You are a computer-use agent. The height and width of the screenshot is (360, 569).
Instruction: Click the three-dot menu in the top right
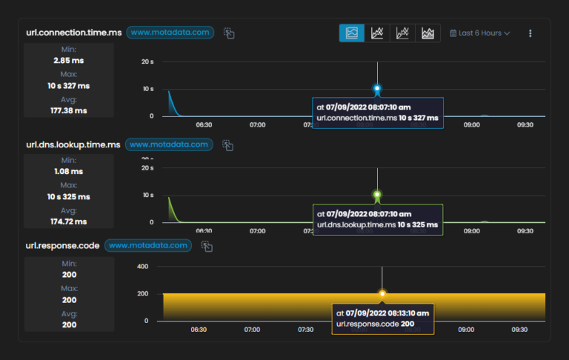pos(530,33)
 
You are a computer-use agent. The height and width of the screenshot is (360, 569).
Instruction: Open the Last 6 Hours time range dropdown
pos(480,33)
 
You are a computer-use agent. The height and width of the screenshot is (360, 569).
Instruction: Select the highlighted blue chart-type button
pos(352,33)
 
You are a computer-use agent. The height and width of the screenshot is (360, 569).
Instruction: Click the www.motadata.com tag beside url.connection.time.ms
pos(170,33)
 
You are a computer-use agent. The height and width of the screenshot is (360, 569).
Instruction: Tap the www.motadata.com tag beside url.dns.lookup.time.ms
pos(169,144)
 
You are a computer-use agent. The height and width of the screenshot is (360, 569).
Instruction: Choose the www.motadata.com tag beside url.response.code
pos(149,245)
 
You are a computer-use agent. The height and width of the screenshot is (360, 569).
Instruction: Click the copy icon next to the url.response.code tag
pos(207,246)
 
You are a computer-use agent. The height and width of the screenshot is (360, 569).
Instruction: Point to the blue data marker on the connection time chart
pos(377,89)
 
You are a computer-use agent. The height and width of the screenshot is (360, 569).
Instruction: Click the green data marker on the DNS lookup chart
pos(377,195)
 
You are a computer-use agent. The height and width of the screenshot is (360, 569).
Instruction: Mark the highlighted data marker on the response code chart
pos(382,293)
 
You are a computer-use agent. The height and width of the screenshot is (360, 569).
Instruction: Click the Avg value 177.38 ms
pos(70,110)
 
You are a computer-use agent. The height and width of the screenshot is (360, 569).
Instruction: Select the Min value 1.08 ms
pos(70,170)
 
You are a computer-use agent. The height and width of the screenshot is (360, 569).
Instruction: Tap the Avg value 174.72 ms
pos(70,221)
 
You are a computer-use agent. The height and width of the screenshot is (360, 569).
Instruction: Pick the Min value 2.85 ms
pos(70,60)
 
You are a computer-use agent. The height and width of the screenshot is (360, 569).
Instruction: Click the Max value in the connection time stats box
pos(70,85)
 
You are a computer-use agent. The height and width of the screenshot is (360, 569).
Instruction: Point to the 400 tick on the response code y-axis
pos(142,266)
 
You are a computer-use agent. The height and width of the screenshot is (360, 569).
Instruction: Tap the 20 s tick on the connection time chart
pos(147,61)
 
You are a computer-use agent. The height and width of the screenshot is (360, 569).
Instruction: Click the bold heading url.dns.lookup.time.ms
pos(72,144)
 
